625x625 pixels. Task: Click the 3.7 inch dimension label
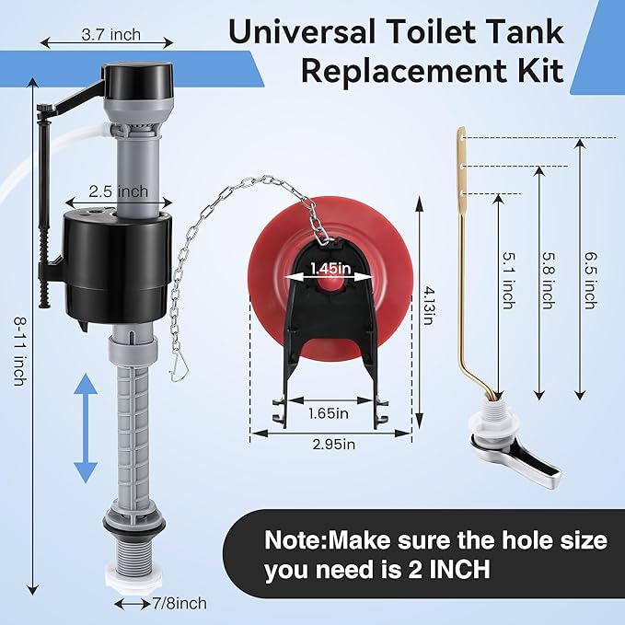point(111,35)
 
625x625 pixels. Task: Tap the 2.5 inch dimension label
point(118,191)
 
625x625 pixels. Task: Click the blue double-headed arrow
point(86,428)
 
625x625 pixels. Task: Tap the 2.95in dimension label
point(333,445)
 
